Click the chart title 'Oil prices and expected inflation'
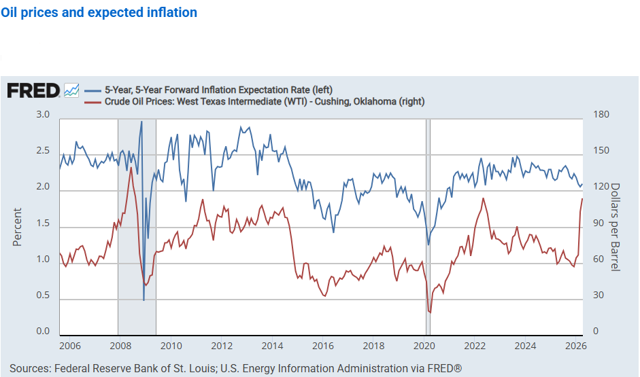(99, 13)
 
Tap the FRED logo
(33, 90)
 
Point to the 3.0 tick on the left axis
(43, 115)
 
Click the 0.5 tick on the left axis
(43, 295)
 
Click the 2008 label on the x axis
(120, 345)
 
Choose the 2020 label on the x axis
(424, 345)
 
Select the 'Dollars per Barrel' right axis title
(615, 227)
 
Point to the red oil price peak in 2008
(131, 168)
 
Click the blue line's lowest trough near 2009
(144, 300)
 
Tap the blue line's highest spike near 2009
(141, 122)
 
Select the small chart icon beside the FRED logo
(71, 90)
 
